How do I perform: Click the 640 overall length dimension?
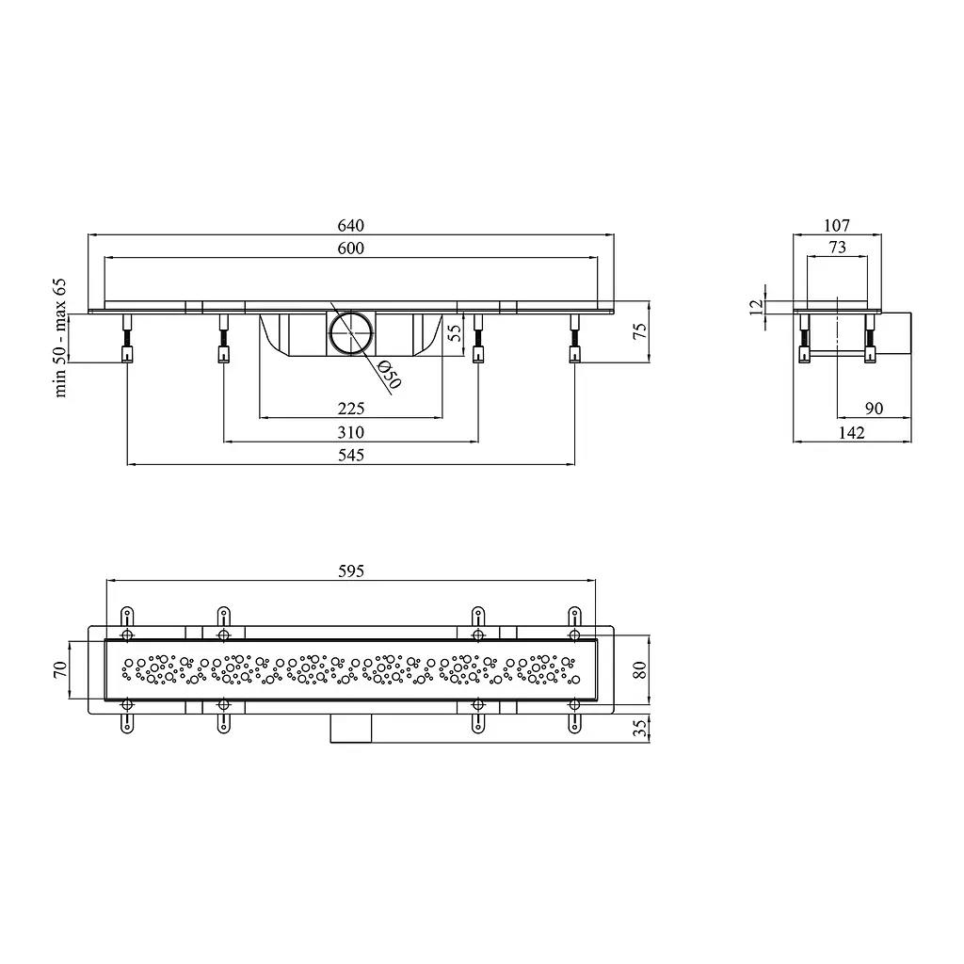coord(350,226)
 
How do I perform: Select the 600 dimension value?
coord(350,249)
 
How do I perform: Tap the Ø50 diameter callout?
coord(389,375)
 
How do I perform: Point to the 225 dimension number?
coord(351,409)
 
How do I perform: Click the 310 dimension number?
coord(350,433)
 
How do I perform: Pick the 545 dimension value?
coord(350,456)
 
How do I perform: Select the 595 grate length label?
coord(351,571)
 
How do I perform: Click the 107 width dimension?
coord(837,226)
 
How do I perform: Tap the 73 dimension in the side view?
coord(837,248)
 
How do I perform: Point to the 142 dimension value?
coord(851,433)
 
